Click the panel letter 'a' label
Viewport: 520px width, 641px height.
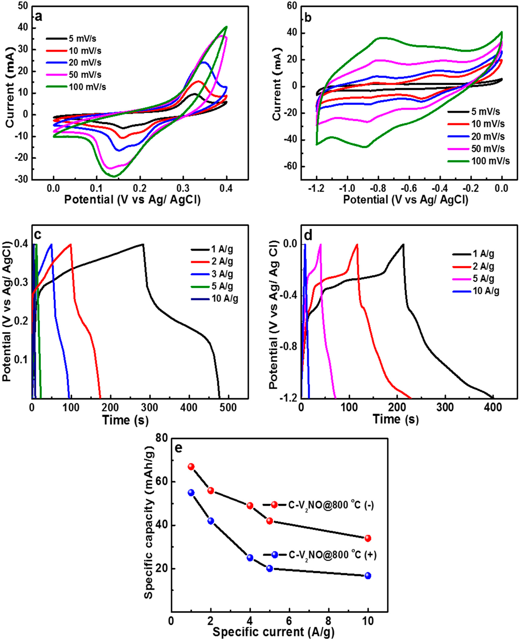pos(38,17)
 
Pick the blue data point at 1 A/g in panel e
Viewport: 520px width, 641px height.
pos(191,493)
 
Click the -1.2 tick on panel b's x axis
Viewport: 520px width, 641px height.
pos(317,189)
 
